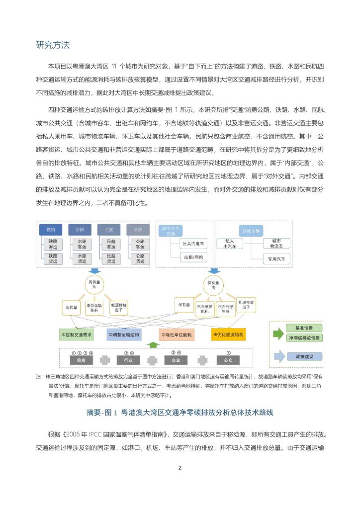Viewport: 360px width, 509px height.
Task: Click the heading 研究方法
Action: coord(53,45)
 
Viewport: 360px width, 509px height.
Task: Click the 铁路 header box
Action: coord(51,230)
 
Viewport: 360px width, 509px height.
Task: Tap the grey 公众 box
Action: coord(228,359)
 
